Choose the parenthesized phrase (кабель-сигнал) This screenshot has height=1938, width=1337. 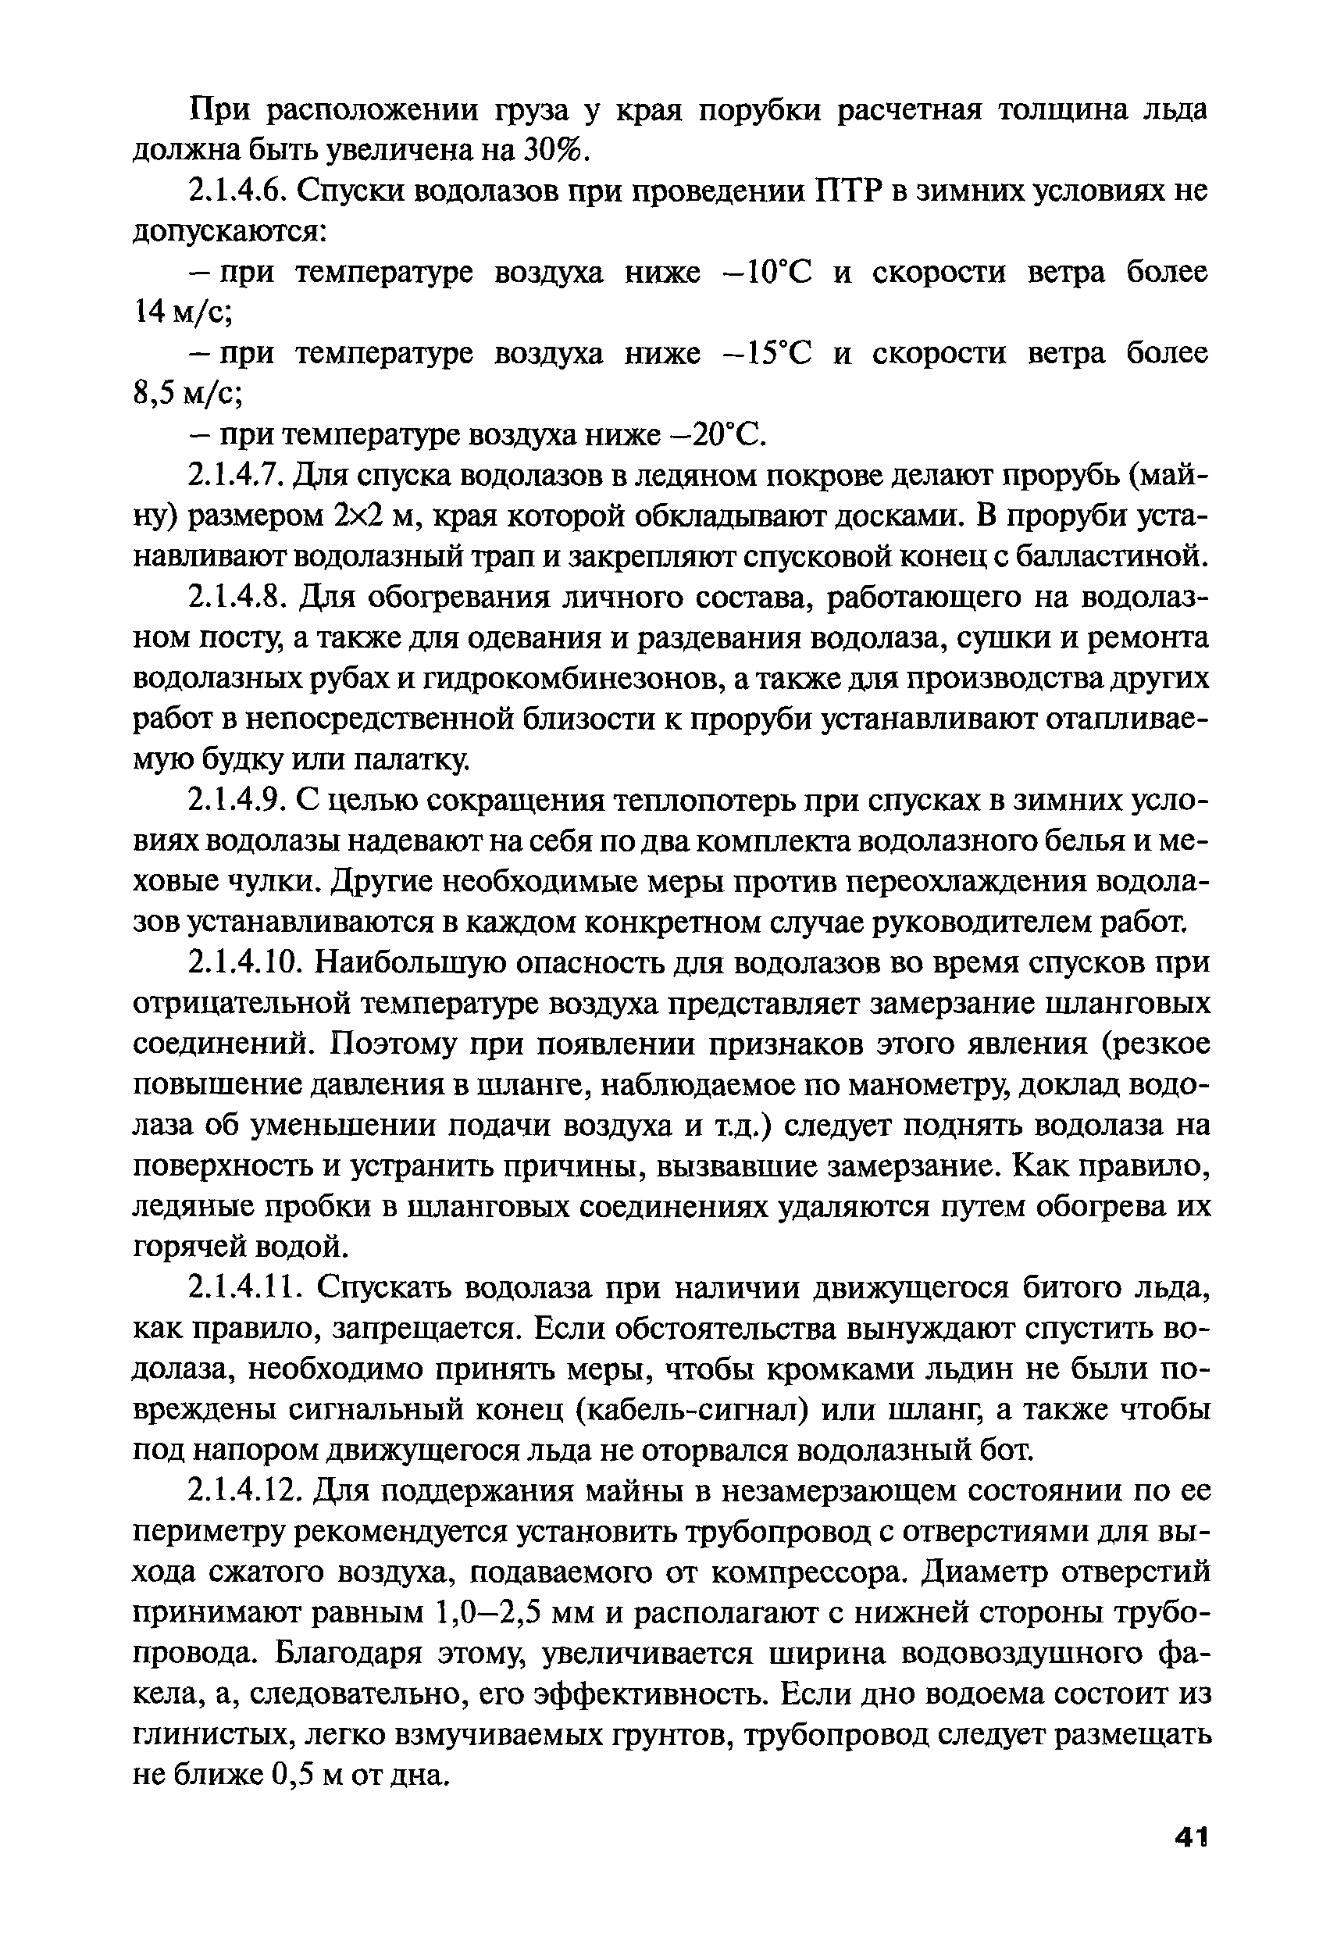coord(691,1411)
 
